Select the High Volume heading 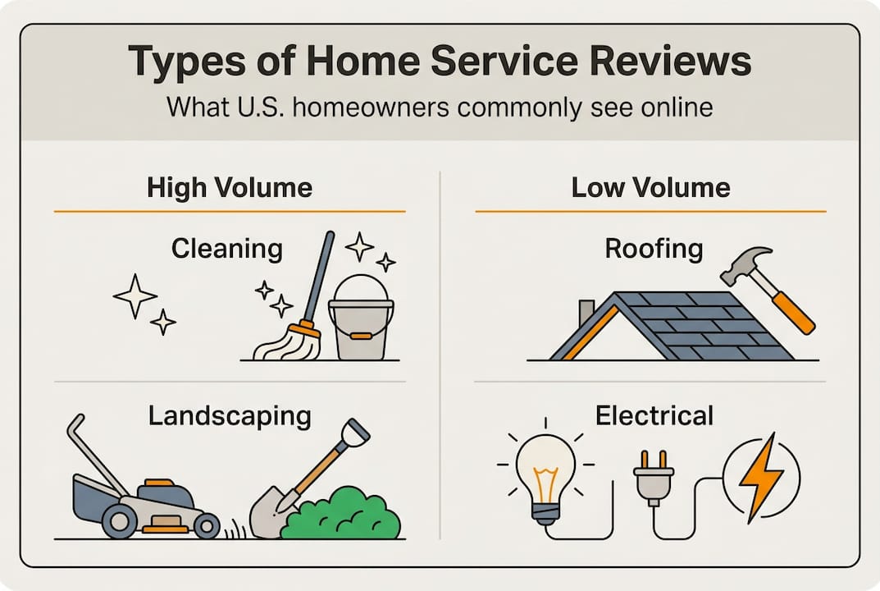tap(230, 188)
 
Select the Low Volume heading tap(650, 188)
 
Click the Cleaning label tap(227, 249)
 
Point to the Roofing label tap(654, 249)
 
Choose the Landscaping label tap(230, 416)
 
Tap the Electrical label tap(654, 416)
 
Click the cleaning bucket tap(361, 323)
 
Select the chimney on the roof tap(586, 312)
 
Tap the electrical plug tap(654, 480)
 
